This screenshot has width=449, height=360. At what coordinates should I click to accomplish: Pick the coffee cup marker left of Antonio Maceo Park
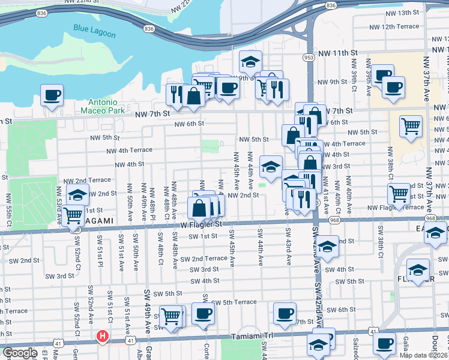pos(52,94)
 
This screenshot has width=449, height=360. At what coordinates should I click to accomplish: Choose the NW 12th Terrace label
pos(394,26)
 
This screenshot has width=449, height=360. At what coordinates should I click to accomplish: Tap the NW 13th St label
pos(402,13)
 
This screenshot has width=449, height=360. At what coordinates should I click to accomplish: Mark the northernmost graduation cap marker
pos(251,61)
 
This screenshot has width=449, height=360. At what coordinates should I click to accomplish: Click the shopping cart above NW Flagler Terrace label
pos(399,193)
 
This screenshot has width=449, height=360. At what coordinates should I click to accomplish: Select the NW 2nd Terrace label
pos(87,180)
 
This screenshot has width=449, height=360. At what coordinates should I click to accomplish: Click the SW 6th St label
pos(343,310)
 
